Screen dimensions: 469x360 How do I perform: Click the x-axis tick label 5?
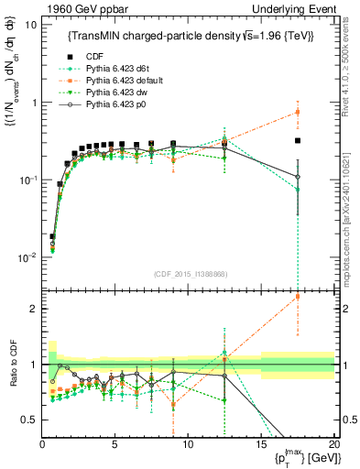click(x=115, y=444)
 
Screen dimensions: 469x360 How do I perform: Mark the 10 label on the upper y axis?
click(x=31, y=25)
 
